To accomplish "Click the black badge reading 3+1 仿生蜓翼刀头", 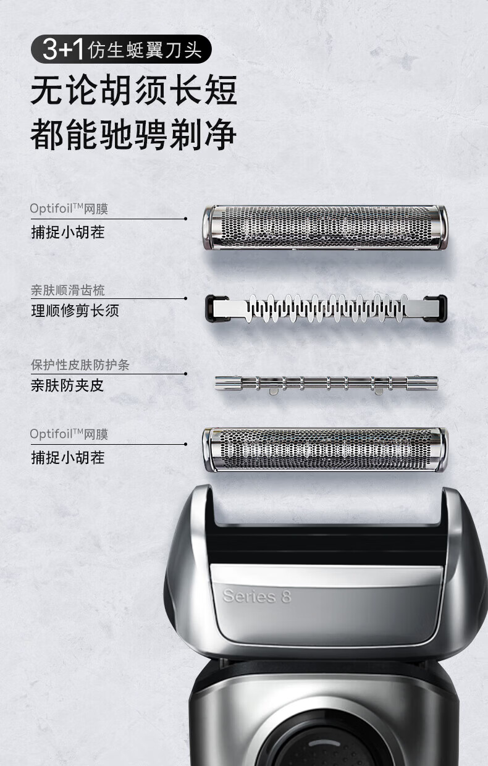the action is [x=121, y=49].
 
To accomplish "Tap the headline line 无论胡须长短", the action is [x=133, y=90].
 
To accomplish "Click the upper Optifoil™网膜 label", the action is [x=69, y=208].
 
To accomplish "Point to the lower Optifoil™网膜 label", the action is [x=69, y=434].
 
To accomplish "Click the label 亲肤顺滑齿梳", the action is [x=68, y=290].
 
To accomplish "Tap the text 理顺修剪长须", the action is [x=75, y=311].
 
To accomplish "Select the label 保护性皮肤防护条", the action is [x=80, y=365].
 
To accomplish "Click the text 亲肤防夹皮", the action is [x=67, y=385].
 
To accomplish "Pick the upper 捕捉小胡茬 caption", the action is [x=68, y=232].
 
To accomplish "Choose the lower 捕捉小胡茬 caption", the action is [x=68, y=458].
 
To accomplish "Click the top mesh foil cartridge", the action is [x=325, y=227].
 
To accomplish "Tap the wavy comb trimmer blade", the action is [x=326, y=308].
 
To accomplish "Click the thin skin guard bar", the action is [x=326, y=384].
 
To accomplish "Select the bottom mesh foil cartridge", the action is [x=325, y=450].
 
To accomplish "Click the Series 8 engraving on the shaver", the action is [x=257, y=596].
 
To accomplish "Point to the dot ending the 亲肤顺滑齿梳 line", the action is [x=186, y=298].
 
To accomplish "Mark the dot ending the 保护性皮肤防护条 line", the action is [x=186, y=374].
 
